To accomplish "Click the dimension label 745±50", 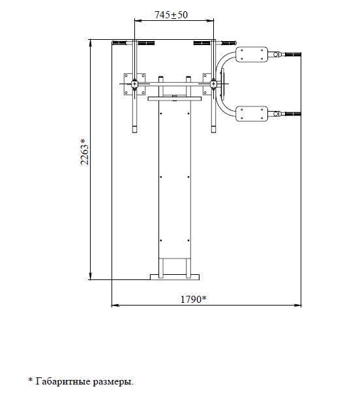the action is [171, 15].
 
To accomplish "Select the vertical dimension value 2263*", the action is [85, 151].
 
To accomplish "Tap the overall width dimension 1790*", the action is [193, 299].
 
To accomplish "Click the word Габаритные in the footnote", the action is [63, 381].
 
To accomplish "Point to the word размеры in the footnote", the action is [112, 382].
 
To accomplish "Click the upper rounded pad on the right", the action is [252, 54].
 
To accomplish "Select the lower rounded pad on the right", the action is [252, 114].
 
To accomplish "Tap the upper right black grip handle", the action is [293, 54].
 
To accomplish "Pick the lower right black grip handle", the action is [293, 114].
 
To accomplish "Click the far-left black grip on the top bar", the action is [119, 43].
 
